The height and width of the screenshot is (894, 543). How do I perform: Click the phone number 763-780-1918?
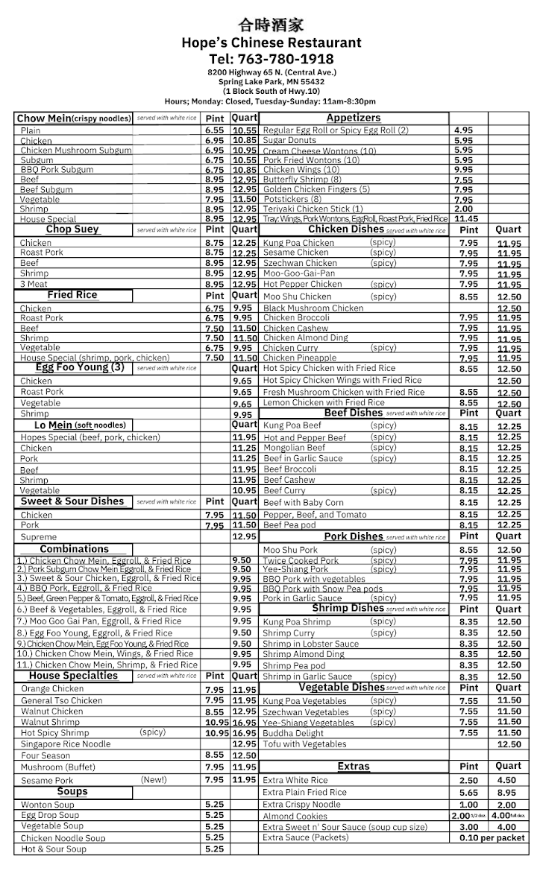271,59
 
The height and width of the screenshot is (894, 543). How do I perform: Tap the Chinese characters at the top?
271,26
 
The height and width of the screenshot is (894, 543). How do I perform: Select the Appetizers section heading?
354,118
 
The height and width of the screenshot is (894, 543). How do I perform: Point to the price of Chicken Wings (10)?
463,170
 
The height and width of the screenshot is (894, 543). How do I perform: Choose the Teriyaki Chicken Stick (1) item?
313,209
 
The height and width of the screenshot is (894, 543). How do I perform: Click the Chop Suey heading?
72,229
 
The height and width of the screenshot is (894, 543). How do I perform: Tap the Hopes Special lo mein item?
90,437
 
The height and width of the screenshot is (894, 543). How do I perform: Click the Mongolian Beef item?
294,448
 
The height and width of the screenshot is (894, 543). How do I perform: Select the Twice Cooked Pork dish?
301,560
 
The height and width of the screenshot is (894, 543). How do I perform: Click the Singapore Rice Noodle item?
66,744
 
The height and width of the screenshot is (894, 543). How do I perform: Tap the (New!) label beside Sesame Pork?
154,780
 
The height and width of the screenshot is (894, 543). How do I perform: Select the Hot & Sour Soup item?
53,849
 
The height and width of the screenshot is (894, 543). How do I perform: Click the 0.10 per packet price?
492,837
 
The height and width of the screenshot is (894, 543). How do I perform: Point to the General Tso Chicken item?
62,700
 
